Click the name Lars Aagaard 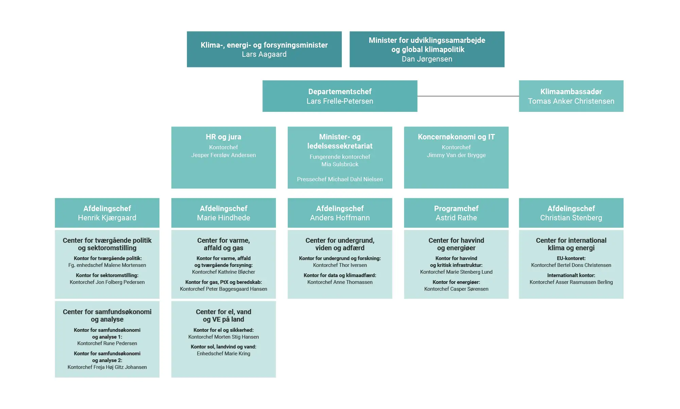point(264,54)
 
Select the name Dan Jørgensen point(427,59)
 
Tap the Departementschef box point(340,96)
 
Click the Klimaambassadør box point(571,96)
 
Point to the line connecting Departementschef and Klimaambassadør point(468,96)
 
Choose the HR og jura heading point(223,137)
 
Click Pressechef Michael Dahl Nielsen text point(340,179)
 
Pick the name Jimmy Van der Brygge point(456,155)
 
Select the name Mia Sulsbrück point(340,164)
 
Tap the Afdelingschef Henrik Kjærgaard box point(107,213)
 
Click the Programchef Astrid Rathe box point(456,213)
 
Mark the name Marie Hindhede point(223,218)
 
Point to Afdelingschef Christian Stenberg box point(571,213)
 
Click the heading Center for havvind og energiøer point(456,244)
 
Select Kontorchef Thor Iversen point(340,265)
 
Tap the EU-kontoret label point(571,258)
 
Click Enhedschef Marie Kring point(223,354)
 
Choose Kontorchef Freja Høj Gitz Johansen point(107,367)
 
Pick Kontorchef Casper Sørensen point(456,289)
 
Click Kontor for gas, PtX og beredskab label point(223,282)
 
